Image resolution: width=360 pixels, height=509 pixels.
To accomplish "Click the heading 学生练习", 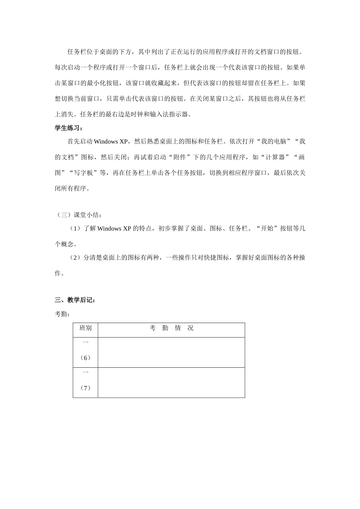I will [69, 128].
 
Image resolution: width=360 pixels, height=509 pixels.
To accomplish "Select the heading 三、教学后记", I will [75, 300].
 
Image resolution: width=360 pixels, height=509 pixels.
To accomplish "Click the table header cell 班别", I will [85, 328].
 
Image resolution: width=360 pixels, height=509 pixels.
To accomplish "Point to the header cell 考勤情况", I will [171, 328].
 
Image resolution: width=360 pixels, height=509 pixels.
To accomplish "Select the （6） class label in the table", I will [85, 358].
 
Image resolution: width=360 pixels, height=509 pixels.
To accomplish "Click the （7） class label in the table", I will [85, 388].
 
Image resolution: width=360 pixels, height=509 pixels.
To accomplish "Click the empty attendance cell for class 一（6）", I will [171, 352].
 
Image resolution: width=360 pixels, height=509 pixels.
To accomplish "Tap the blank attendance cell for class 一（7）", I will [171, 383].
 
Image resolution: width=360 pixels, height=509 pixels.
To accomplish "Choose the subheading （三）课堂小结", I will [78, 215].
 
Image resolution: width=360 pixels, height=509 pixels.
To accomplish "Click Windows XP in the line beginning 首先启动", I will [111, 142].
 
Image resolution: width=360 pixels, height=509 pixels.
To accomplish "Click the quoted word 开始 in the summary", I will [267, 228].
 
